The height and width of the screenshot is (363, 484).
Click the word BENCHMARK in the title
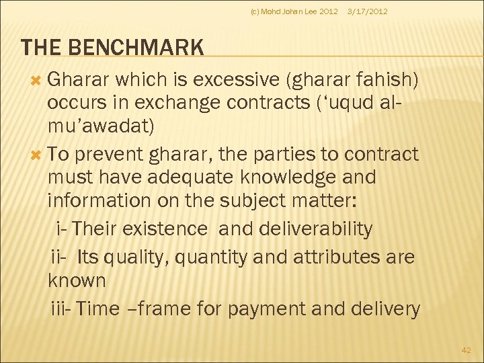coord(138,48)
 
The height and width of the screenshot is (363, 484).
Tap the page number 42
coord(467,350)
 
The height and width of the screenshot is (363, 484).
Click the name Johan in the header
coord(294,11)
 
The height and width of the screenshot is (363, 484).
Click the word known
coord(77,280)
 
